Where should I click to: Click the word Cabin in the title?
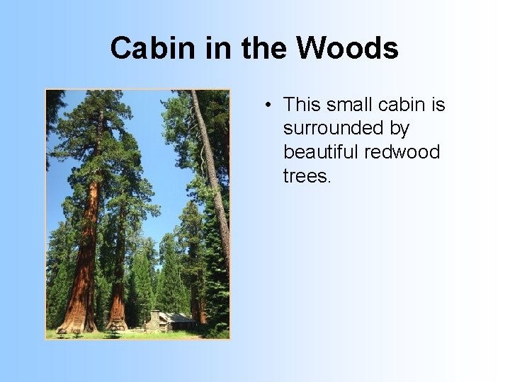point(144,49)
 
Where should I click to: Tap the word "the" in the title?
point(265,49)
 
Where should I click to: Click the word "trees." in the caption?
point(307,175)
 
